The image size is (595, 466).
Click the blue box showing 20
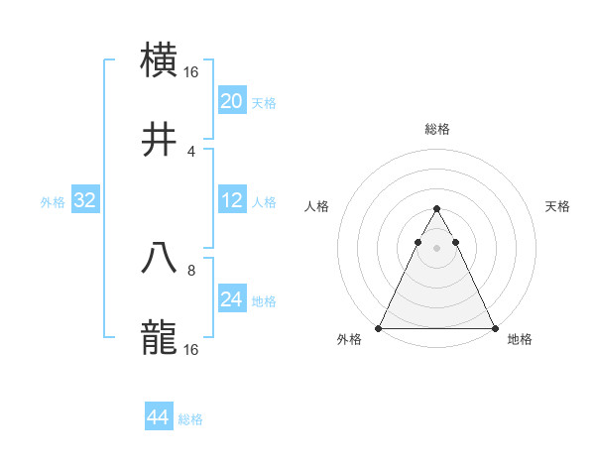[231, 101]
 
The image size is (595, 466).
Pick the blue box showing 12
[231, 201]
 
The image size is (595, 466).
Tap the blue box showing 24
[231, 299]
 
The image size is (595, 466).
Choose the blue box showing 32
[85, 201]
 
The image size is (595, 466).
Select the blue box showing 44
[159, 417]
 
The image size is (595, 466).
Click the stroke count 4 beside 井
[191, 152]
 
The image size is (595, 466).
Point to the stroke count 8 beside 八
[191, 269]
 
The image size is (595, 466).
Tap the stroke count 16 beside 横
[191, 71]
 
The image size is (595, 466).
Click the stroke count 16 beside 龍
[191, 349]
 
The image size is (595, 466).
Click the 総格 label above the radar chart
[436, 129]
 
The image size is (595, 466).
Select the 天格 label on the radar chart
[557, 206]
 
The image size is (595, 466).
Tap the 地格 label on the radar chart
[520, 340]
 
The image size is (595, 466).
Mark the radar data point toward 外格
[379, 327]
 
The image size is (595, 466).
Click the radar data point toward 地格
[494, 327]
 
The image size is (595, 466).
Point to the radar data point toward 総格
[436, 209]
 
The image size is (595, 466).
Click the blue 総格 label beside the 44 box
[190, 419]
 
